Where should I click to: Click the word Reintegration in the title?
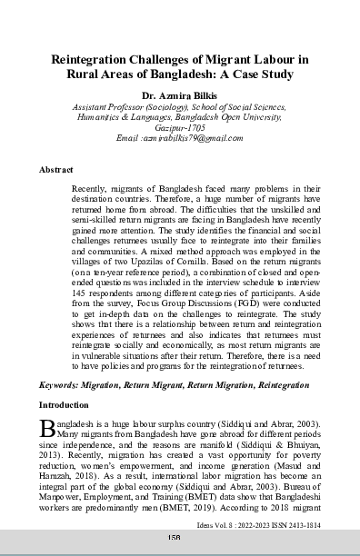click(x=103, y=59)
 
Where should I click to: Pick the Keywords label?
click(x=62, y=385)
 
